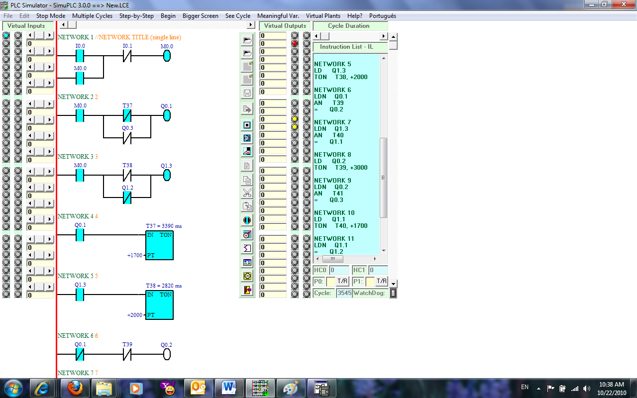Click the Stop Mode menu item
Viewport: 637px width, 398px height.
point(51,16)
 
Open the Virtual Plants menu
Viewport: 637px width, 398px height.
point(323,16)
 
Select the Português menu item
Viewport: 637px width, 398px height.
point(383,16)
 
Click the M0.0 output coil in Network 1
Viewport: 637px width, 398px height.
point(167,56)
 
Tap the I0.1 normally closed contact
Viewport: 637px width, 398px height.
point(127,56)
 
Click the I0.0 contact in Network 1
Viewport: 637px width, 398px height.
point(80,56)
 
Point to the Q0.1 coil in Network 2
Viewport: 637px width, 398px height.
point(167,116)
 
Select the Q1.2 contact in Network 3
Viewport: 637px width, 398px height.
point(127,198)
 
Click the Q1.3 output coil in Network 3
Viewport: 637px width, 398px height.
point(167,176)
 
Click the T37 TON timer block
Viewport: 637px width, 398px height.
point(159,245)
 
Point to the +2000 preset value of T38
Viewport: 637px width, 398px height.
point(135,315)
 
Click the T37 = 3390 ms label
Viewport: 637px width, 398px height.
point(164,226)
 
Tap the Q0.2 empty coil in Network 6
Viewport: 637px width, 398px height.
point(167,355)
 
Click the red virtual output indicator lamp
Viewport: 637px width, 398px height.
point(295,43)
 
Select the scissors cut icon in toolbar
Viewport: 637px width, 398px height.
point(247,193)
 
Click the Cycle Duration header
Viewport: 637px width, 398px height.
point(349,26)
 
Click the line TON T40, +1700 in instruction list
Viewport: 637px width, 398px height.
point(341,226)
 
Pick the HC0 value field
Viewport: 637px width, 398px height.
point(339,270)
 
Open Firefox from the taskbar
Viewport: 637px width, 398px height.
point(75,388)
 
